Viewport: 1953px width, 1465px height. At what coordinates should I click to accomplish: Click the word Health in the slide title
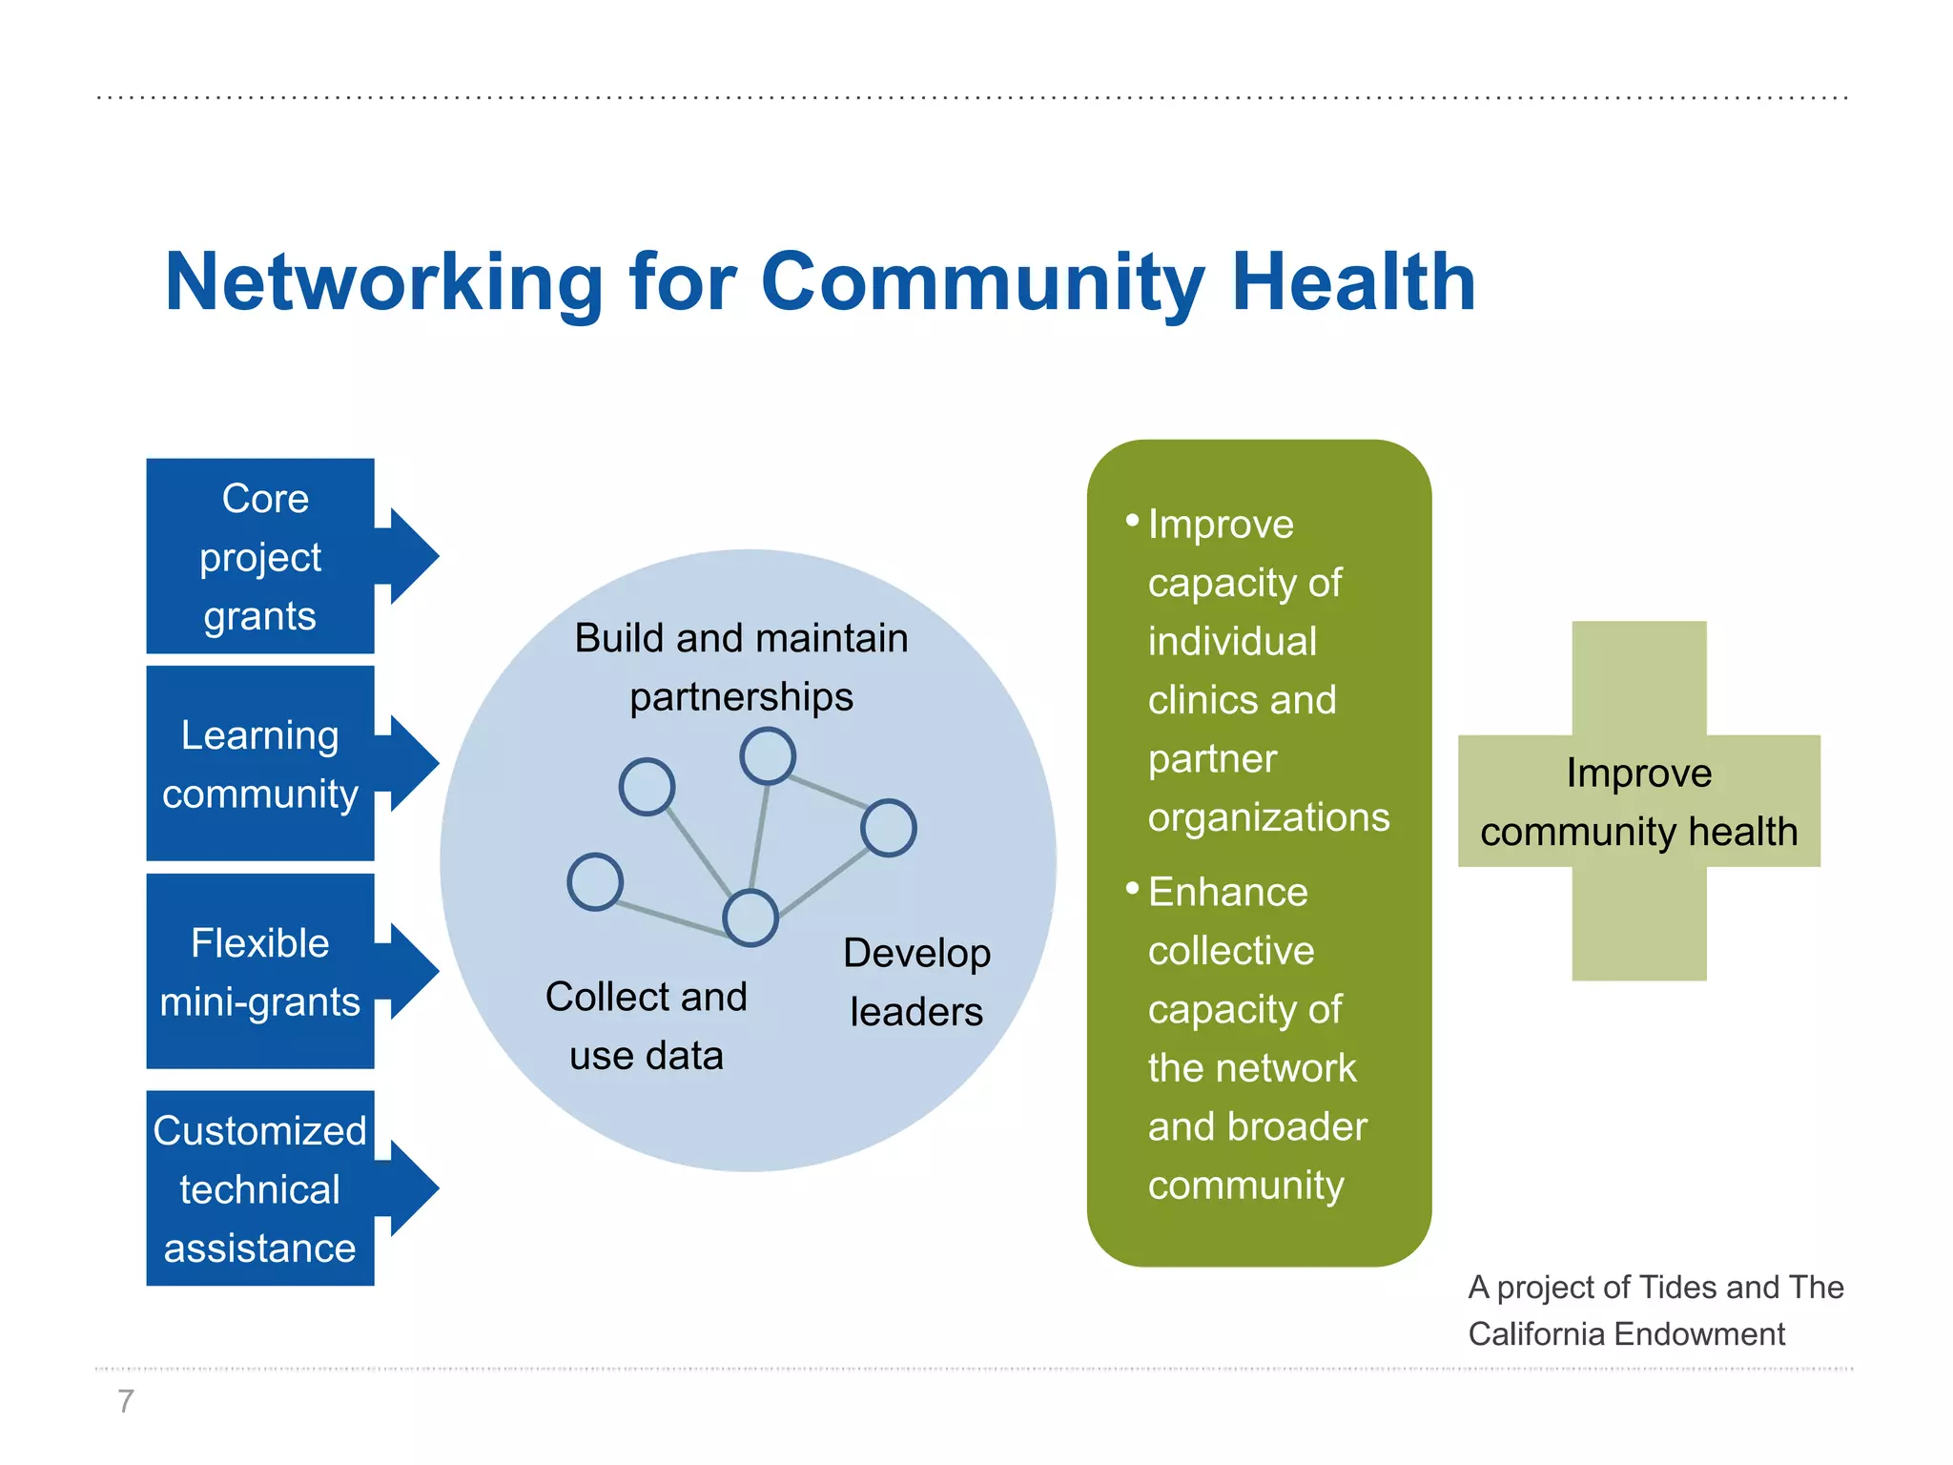click(1353, 283)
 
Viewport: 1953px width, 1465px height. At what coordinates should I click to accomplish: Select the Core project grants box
click(259, 557)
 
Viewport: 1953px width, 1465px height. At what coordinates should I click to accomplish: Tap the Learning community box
click(259, 764)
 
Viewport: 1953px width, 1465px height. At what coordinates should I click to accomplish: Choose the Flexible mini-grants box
click(259, 972)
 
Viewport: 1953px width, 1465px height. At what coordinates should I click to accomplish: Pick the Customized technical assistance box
click(259, 1188)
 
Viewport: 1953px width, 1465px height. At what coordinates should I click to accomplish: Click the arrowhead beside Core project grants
click(413, 556)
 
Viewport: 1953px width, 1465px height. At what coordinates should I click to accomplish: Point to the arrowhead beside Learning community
click(413, 763)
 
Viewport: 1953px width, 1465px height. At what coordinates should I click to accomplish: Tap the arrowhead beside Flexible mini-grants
click(413, 971)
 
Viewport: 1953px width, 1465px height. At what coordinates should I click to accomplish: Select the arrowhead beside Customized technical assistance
click(413, 1187)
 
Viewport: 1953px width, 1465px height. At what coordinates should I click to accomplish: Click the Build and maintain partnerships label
click(741, 667)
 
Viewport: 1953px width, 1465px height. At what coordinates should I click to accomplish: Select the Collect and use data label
click(647, 1026)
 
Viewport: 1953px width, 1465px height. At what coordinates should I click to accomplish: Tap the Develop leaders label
click(916, 982)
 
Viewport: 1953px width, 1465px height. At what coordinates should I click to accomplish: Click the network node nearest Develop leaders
click(888, 828)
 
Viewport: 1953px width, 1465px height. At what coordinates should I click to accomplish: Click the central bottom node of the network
click(750, 918)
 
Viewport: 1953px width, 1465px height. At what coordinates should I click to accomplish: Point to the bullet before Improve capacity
click(1132, 521)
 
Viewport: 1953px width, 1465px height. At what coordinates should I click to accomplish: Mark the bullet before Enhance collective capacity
click(1132, 889)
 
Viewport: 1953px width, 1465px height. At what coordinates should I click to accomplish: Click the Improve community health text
click(1638, 802)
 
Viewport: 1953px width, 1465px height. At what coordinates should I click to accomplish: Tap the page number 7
click(125, 1401)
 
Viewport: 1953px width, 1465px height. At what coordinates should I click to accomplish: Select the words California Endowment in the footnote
click(1626, 1333)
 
